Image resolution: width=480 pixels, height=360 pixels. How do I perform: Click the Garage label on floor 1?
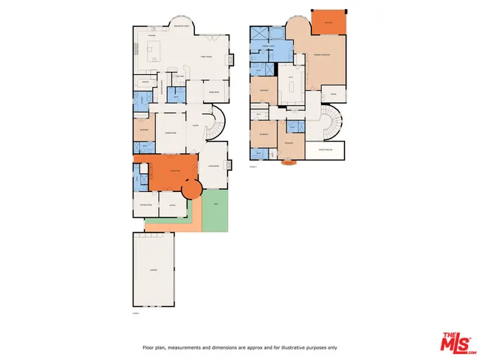[153, 269]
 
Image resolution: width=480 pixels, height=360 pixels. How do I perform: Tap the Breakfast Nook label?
[181, 25]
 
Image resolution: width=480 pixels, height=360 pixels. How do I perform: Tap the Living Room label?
[212, 166]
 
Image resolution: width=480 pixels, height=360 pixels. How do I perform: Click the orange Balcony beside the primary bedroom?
[328, 22]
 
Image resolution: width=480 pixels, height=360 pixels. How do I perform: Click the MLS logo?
[457, 341]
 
